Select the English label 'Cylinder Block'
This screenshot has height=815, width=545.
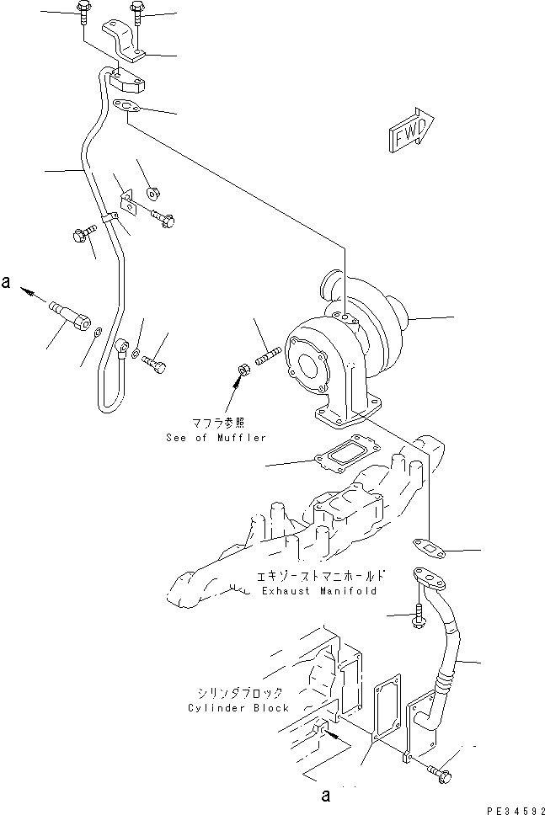(238, 708)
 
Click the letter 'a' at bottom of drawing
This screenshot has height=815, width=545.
(325, 794)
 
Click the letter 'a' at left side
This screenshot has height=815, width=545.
(7, 285)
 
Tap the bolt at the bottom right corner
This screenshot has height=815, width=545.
(440, 770)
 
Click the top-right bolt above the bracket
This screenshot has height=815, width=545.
(136, 12)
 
